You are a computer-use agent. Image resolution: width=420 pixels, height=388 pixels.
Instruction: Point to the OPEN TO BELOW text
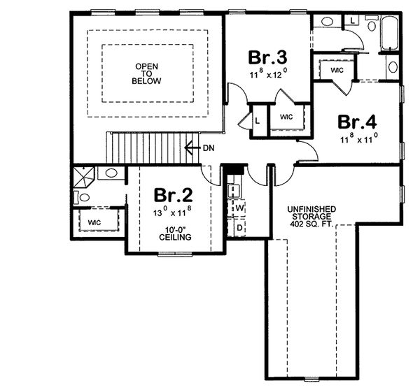point(148,73)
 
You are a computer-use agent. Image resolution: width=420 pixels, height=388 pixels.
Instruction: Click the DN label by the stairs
point(209,148)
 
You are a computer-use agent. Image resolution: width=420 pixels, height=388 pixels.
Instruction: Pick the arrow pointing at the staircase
point(190,148)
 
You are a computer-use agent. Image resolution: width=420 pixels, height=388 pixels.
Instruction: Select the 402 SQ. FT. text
point(312,225)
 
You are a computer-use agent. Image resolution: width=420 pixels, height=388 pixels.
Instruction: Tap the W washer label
point(239,208)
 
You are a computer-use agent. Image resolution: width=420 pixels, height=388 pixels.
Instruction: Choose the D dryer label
point(239,227)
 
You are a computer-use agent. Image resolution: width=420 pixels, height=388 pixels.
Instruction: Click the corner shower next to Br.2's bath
point(84,175)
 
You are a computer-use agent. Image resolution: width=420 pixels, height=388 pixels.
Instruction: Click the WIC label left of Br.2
point(94,223)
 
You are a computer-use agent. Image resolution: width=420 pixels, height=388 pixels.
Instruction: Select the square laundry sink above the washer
point(234,187)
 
